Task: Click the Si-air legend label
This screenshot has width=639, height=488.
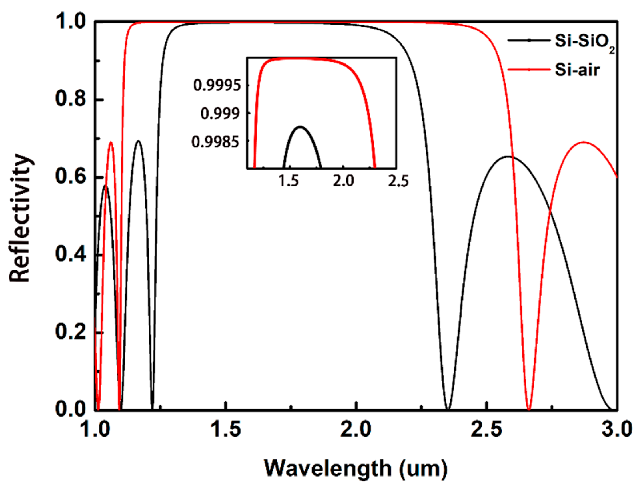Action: [x=577, y=70]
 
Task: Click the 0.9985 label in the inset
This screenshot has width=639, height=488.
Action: [x=216, y=142]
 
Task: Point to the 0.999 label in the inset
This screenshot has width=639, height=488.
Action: [x=220, y=114]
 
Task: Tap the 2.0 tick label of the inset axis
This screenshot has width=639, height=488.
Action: [x=343, y=181]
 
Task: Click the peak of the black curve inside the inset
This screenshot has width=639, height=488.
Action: [x=300, y=127]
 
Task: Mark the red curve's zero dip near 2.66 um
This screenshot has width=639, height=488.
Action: [x=529, y=409]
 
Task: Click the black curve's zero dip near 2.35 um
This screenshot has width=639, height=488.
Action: [x=448, y=409]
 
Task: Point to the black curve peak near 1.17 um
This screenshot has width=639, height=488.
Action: [x=139, y=141]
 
